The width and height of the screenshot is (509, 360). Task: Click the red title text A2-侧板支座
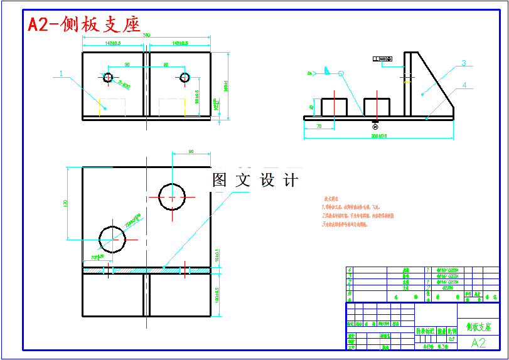[x=83, y=24]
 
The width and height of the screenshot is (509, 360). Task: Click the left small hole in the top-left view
[x=108, y=77]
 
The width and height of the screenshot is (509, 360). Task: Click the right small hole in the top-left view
[x=185, y=77]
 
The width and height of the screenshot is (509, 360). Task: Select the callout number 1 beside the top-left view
[x=61, y=73]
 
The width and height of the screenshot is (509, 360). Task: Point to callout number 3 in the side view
[x=463, y=63]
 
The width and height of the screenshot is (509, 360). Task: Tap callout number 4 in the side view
[x=464, y=85]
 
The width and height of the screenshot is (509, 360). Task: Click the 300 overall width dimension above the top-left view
[x=146, y=36]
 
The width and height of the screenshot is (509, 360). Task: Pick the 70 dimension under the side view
[x=319, y=127]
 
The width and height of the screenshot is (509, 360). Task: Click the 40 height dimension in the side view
[x=312, y=107]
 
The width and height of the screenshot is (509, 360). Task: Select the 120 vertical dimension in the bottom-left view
[x=65, y=203]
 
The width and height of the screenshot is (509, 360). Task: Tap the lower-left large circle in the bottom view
[x=114, y=238]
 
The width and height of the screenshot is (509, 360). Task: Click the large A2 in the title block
[x=478, y=343]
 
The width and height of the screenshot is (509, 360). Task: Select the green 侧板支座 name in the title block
[x=478, y=327]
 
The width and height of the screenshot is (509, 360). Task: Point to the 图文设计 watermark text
[x=255, y=181]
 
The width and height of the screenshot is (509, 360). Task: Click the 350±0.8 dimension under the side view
[x=378, y=135]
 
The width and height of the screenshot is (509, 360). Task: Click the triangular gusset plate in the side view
[x=429, y=85]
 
